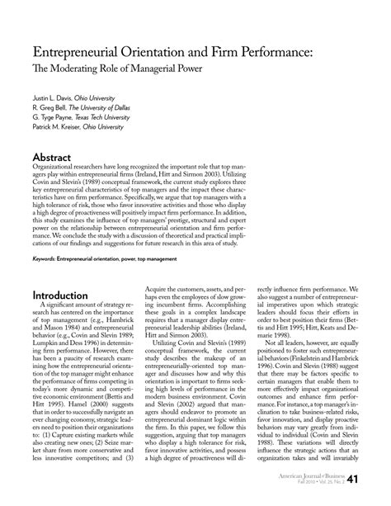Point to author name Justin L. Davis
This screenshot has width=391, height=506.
[x=52, y=97]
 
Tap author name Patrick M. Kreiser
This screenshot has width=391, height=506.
[x=58, y=127]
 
